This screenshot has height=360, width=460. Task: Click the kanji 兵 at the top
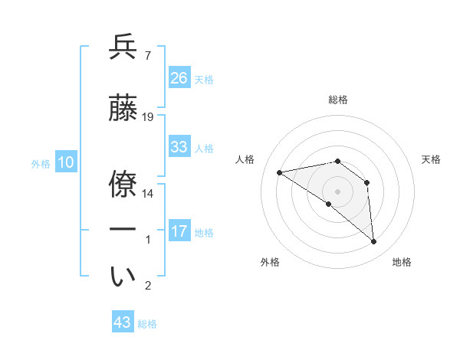pyautogui.click(x=123, y=47)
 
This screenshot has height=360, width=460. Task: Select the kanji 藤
pyautogui.click(x=123, y=108)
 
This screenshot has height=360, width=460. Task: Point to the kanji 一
pyautogui.click(x=123, y=230)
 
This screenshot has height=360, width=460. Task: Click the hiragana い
pyautogui.click(x=123, y=277)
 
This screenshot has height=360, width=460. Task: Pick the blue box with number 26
pyautogui.click(x=179, y=77)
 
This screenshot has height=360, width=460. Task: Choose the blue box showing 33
pyautogui.click(x=179, y=146)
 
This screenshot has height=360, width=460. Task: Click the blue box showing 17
pyautogui.click(x=179, y=231)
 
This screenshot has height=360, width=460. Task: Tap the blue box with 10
pyautogui.click(x=65, y=162)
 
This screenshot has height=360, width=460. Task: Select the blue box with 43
pyautogui.click(x=123, y=322)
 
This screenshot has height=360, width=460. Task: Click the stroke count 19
pyautogui.click(x=148, y=117)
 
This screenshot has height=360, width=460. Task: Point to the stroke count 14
pyautogui.click(x=148, y=194)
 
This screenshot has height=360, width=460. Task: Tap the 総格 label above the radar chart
pyautogui.click(x=337, y=100)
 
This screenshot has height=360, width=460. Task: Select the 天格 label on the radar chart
pyautogui.click(x=431, y=159)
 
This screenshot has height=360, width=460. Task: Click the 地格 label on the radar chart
pyautogui.click(x=402, y=262)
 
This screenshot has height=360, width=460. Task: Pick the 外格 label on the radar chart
pyautogui.click(x=270, y=262)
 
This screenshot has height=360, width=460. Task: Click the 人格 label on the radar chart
pyautogui.click(x=245, y=159)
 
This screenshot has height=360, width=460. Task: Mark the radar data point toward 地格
pyautogui.click(x=374, y=242)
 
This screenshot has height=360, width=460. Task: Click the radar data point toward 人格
pyautogui.click(x=280, y=172)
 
